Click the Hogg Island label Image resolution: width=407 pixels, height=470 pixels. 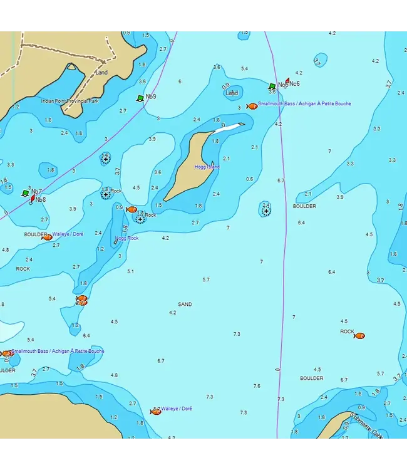[207, 167]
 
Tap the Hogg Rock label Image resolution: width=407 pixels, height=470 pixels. [127, 238]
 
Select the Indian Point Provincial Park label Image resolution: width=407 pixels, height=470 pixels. [70, 101]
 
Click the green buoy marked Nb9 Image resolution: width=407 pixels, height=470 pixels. [140, 98]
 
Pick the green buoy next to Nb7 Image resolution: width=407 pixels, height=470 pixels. [25, 194]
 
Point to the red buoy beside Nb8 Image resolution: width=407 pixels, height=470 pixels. [33, 198]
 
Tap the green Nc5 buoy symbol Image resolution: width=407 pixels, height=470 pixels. [272, 86]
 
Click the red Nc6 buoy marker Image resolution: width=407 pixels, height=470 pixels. [286, 82]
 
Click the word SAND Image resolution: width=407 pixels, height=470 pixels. [185, 305]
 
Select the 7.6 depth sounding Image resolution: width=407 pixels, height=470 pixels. [257, 386]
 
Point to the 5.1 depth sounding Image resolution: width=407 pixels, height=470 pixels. [130, 271]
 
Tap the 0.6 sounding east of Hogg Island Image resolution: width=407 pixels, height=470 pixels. [250, 179]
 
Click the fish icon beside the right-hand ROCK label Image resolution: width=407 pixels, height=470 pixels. [359, 336]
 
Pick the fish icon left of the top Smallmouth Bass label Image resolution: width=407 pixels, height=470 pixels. [252, 107]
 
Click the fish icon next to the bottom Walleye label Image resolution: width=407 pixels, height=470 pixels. [155, 411]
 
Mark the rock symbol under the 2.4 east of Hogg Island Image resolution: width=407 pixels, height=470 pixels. [266, 211]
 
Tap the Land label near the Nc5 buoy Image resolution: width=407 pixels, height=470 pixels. [232, 93]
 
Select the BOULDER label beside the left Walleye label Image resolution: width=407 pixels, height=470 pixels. [35, 235]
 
